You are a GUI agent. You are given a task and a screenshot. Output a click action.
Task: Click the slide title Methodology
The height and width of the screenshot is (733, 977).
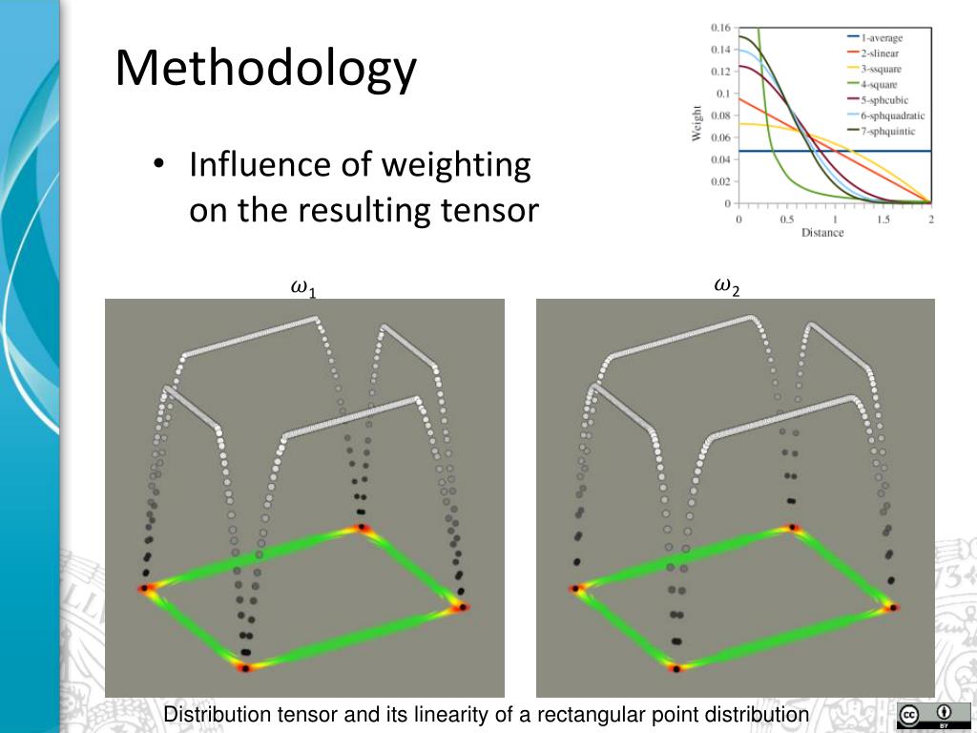(266, 70)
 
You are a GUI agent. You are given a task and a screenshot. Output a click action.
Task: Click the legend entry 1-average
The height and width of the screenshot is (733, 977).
(882, 38)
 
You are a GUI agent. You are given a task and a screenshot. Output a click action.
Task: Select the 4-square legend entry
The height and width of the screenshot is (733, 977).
(881, 84)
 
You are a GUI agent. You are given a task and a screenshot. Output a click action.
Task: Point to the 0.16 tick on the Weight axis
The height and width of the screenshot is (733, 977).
(720, 28)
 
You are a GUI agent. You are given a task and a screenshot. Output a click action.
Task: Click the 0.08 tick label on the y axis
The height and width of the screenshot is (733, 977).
(720, 115)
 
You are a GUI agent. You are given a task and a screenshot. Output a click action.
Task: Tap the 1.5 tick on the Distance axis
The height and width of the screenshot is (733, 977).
(883, 220)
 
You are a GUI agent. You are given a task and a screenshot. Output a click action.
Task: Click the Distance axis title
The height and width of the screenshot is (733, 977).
(822, 232)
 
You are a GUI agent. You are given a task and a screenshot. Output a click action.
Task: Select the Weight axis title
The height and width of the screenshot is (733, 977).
(697, 123)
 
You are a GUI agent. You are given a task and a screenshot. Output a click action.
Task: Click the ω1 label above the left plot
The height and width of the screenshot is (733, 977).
(302, 287)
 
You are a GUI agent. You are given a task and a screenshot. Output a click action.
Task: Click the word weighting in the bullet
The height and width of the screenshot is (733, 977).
(456, 165)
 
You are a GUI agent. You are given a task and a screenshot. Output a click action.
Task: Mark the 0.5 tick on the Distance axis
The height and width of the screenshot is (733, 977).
(787, 220)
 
